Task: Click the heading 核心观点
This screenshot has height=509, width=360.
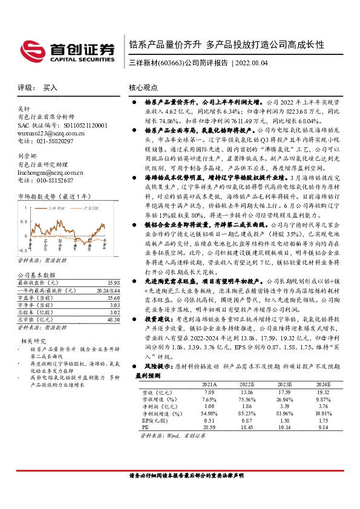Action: [144, 88]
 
